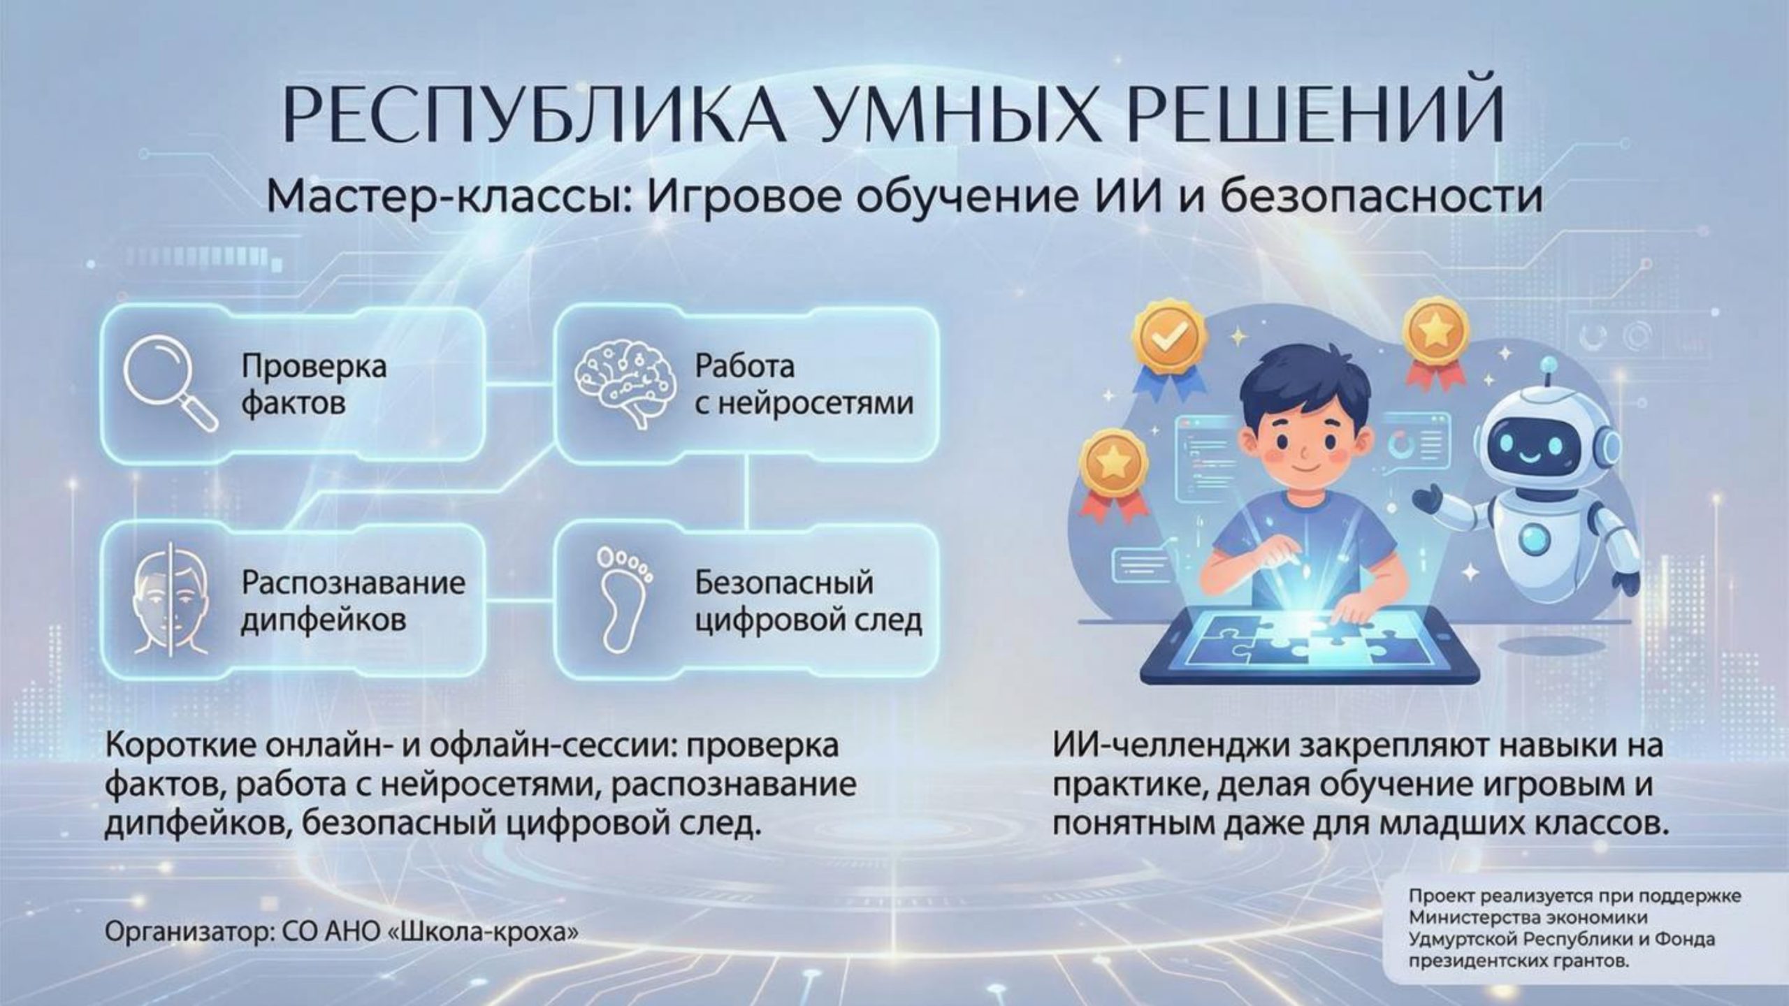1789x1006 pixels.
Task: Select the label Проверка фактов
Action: (x=314, y=385)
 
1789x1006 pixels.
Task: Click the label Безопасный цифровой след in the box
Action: (x=807, y=601)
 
